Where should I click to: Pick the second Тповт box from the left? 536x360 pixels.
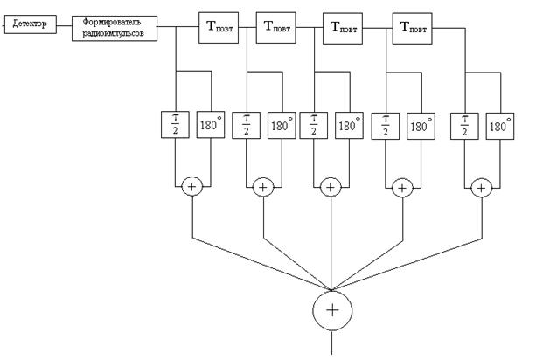click(x=275, y=26)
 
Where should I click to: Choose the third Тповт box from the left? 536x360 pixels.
click(x=343, y=26)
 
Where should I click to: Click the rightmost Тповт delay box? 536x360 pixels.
click(x=414, y=26)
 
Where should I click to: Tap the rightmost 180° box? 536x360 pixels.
click(x=498, y=126)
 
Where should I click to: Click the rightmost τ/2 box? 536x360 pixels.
click(x=464, y=126)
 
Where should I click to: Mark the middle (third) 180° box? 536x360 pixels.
click(x=349, y=126)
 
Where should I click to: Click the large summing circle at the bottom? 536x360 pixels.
click(x=332, y=309)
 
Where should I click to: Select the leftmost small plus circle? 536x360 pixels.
click(x=192, y=186)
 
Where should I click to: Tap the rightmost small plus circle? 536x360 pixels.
click(x=480, y=186)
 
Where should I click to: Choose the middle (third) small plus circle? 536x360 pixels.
click(x=330, y=186)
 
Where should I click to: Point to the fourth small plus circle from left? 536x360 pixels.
click(x=402, y=186)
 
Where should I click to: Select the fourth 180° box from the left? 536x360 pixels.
click(x=421, y=126)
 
